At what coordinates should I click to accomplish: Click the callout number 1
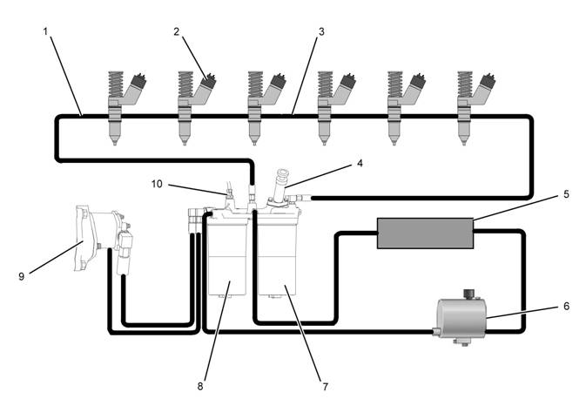(45, 30)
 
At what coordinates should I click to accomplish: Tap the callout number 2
(177, 31)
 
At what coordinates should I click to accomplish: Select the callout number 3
(321, 30)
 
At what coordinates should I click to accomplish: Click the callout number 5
(566, 194)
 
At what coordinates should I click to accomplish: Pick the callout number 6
(566, 307)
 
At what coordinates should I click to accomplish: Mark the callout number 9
(22, 276)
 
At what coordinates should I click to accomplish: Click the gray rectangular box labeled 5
(424, 233)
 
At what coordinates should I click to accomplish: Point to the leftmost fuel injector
(118, 105)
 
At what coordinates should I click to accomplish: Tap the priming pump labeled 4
(282, 187)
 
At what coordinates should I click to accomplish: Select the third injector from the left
(258, 105)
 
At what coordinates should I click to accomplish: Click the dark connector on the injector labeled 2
(207, 85)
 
